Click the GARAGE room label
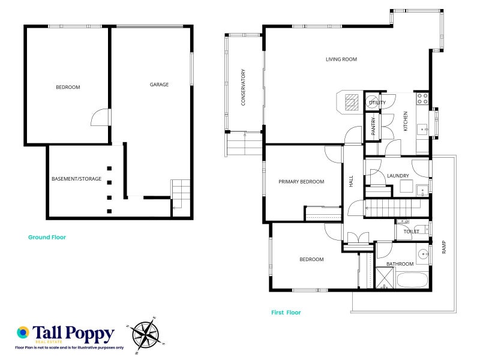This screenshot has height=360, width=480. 159,85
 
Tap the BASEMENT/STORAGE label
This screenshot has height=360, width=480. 77,179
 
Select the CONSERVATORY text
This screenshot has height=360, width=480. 243,87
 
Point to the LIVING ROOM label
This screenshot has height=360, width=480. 341,59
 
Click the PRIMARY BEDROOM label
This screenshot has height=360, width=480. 301,182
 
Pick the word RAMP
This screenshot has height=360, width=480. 444,247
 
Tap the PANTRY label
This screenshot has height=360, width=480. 373,126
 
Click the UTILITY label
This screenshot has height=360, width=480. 377,103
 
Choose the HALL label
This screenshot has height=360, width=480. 351,181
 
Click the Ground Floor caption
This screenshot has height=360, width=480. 47,237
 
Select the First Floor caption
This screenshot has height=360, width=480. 286,313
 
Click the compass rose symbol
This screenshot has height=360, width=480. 146,335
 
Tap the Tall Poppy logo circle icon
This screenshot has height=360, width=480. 23,332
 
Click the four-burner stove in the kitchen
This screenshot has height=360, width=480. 422,98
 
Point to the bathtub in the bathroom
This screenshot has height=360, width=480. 412,280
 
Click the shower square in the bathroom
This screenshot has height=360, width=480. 385,278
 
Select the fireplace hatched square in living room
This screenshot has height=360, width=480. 352,102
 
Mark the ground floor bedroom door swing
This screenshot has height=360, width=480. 100,117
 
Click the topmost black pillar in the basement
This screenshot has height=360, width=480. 109,169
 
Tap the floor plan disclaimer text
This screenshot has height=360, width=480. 70,348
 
